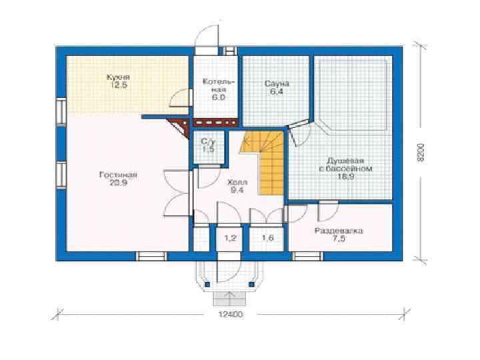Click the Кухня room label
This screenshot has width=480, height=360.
[118, 77]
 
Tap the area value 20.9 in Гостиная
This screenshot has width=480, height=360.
[118, 183]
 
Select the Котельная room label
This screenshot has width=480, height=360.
[219, 86]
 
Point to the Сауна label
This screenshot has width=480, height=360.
[277, 83]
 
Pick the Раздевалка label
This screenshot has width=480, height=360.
[339, 231]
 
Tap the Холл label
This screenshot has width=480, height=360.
[237, 183]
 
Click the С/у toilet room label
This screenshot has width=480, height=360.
[209, 142]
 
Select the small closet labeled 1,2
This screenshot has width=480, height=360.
[231, 238]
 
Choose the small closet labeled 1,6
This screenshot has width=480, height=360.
[267, 238]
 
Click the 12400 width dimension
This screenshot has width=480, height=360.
[231, 315]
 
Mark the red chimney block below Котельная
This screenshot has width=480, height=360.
[215, 123]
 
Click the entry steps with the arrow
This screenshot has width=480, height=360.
[229, 299]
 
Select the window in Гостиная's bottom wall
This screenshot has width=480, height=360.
[151, 256]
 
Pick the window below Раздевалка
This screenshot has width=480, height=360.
[308, 256]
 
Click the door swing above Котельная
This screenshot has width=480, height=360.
[207, 34]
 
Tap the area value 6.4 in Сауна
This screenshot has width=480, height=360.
[277, 91]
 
